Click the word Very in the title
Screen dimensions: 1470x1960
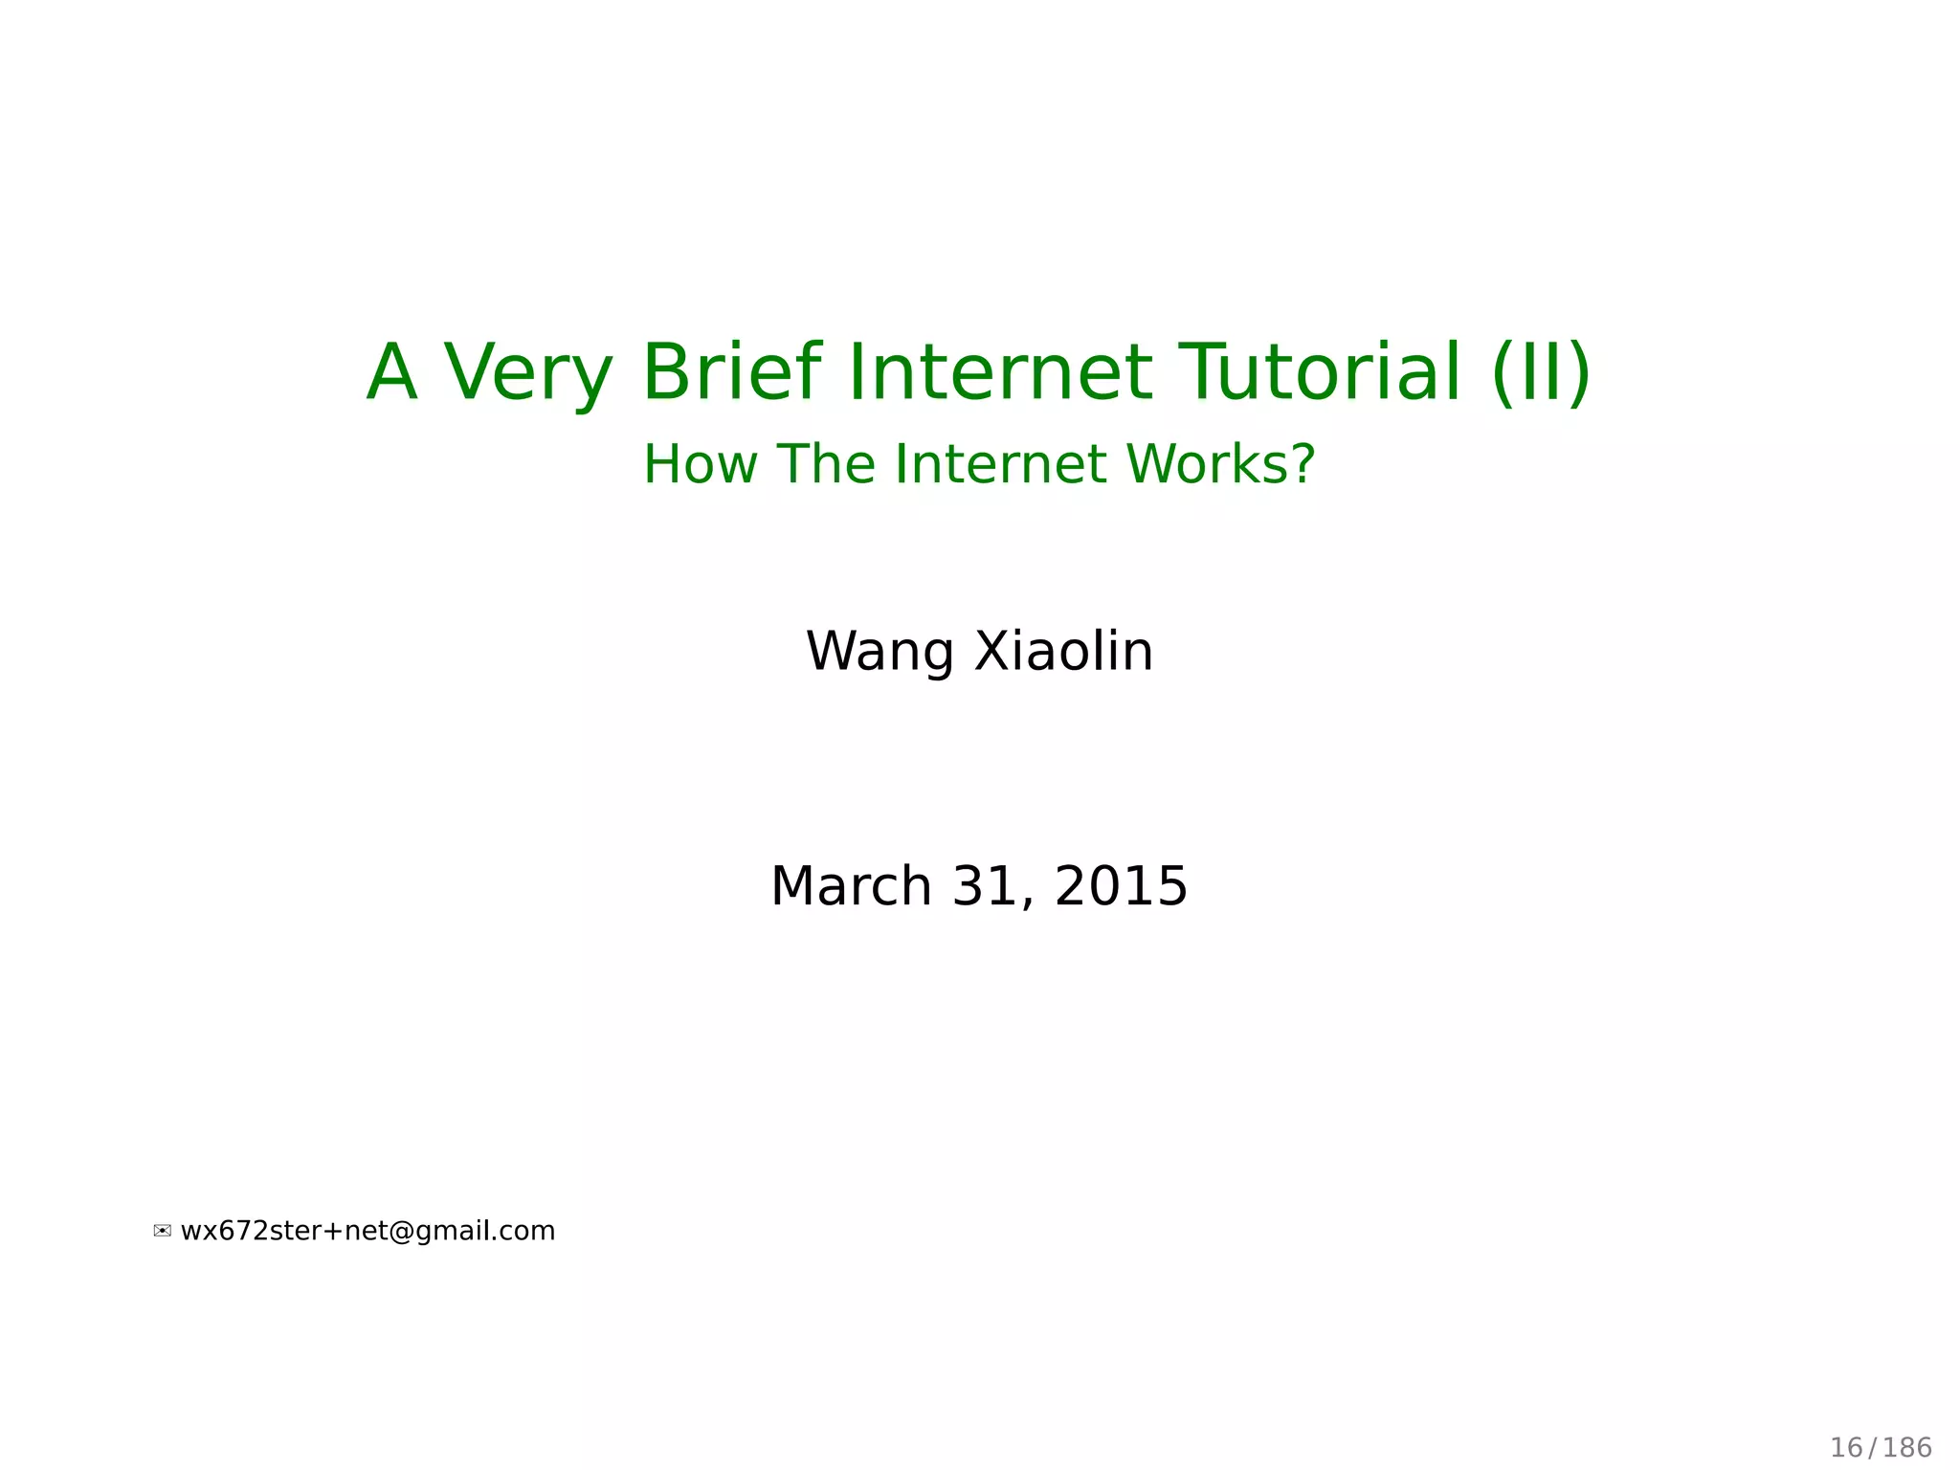coord(527,373)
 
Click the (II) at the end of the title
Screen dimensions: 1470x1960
coord(1541,373)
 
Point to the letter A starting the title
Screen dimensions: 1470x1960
coord(392,373)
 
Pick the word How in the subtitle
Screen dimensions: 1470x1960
coord(700,464)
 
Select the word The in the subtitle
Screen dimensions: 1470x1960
coord(825,464)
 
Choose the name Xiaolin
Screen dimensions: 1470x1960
coord(1064,651)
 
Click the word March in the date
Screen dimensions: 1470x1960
coord(851,886)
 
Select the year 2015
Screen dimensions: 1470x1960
coord(1121,886)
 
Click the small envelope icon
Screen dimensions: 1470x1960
coord(163,1232)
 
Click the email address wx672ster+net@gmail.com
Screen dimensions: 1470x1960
coord(367,1231)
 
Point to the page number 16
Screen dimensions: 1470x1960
coord(1846,1448)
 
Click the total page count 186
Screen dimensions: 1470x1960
coord(1908,1448)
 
